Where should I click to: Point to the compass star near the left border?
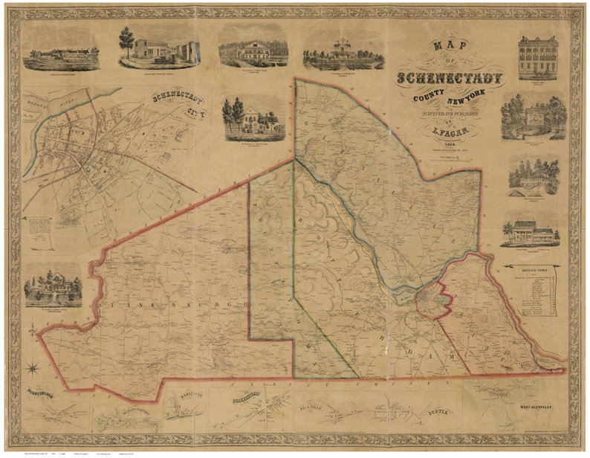click(x=33, y=367)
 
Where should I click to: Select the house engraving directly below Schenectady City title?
click(x=253, y=117)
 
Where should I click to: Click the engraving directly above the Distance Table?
click(x=532, y=230)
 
